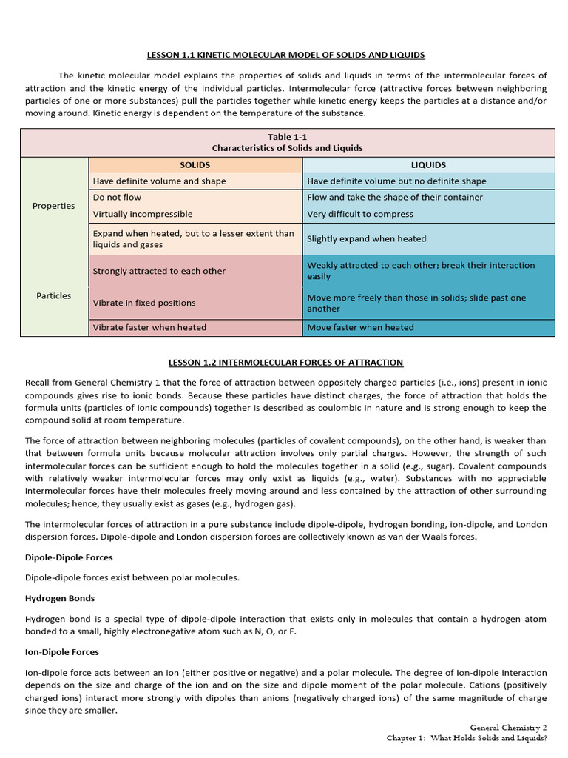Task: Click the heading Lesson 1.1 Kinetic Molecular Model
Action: click(287, 55)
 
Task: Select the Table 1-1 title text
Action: click(287, 137)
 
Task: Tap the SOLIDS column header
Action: click(195, 165)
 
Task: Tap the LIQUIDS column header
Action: click(428, 165)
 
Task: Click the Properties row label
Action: click(54, 206)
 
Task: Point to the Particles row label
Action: click(54, 295)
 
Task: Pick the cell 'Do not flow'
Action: click(117, 198)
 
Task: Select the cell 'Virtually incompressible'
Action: click(143, 214)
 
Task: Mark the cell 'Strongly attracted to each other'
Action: click(159, 271)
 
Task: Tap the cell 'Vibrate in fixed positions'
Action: click(144, 303)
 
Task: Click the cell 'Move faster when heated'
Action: click(360, 327)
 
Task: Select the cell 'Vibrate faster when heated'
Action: click(149, 327)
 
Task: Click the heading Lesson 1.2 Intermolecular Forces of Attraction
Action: click(287, 362)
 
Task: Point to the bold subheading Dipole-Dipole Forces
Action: click(69, 557)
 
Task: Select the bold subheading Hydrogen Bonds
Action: click(60, 598)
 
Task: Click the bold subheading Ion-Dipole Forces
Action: click(62, 652)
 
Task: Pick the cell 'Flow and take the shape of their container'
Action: click(395, 198)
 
